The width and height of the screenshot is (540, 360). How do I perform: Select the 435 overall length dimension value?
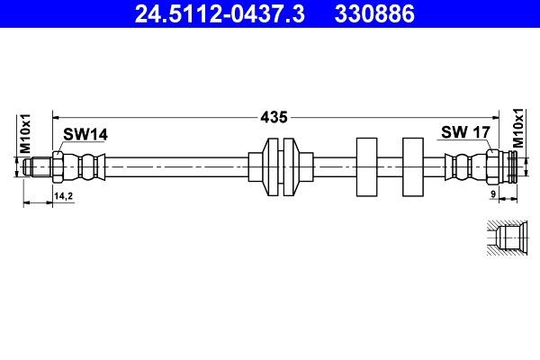point(274,117)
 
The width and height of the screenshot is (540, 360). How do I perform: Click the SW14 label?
point(85,134)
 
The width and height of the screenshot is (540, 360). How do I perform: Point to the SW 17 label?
point(464,132)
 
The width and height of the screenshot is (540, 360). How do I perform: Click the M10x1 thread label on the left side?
point(26,133)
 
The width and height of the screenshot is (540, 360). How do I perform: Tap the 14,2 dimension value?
point(64,195)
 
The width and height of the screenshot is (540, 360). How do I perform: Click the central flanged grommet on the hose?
point(282,166)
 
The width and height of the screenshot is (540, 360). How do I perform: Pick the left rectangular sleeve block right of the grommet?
point(368,166)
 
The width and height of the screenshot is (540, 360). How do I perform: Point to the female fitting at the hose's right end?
point(502,166)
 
